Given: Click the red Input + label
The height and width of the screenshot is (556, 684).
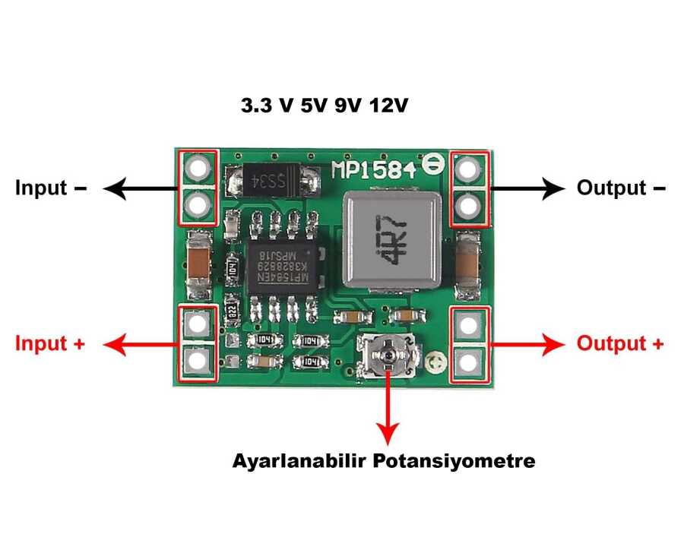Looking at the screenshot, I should click(50, 343).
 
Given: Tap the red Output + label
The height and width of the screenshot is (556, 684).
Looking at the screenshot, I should click(620, 343).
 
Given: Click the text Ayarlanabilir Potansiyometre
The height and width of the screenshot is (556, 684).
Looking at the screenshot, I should click(384, 461).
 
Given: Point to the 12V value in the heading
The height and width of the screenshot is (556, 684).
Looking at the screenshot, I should click(388, 106).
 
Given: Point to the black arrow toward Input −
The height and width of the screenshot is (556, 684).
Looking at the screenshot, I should click(140, 188).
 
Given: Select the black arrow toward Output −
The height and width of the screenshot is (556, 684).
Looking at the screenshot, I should click(527, 188).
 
